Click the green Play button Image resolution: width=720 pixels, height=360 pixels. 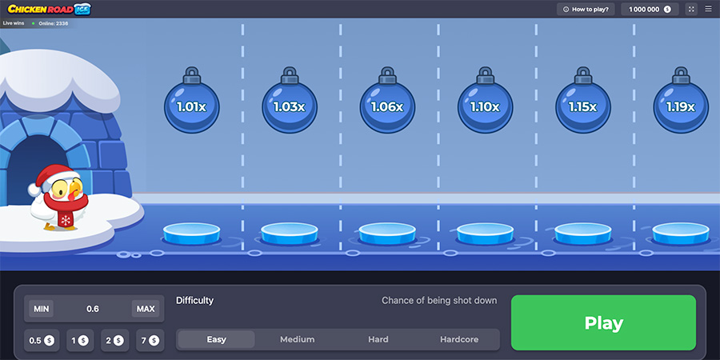tap(603, 323)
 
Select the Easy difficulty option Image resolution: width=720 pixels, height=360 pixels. tap(216, 339)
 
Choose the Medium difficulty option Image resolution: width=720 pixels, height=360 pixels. tap(297, 339)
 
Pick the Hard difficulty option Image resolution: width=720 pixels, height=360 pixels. tap(378, 339)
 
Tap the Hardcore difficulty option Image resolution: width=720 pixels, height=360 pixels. tap(459, 339)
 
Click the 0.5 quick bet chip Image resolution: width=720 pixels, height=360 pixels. tap(42, 340)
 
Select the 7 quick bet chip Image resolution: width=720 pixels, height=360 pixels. tap(150, 340)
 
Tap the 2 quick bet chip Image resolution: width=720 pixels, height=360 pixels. tap(114, 340)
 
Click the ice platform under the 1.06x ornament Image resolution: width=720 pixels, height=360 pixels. tap(387, 234)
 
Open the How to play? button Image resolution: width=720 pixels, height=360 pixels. tap(586, 9)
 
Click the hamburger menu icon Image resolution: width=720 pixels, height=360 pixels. tap(708, 9)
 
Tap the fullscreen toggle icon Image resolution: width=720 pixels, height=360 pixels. tap(691, 9)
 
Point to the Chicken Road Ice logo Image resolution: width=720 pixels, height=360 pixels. tap(49, 9)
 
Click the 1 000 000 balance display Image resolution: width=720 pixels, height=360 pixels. tap(650, 9)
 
